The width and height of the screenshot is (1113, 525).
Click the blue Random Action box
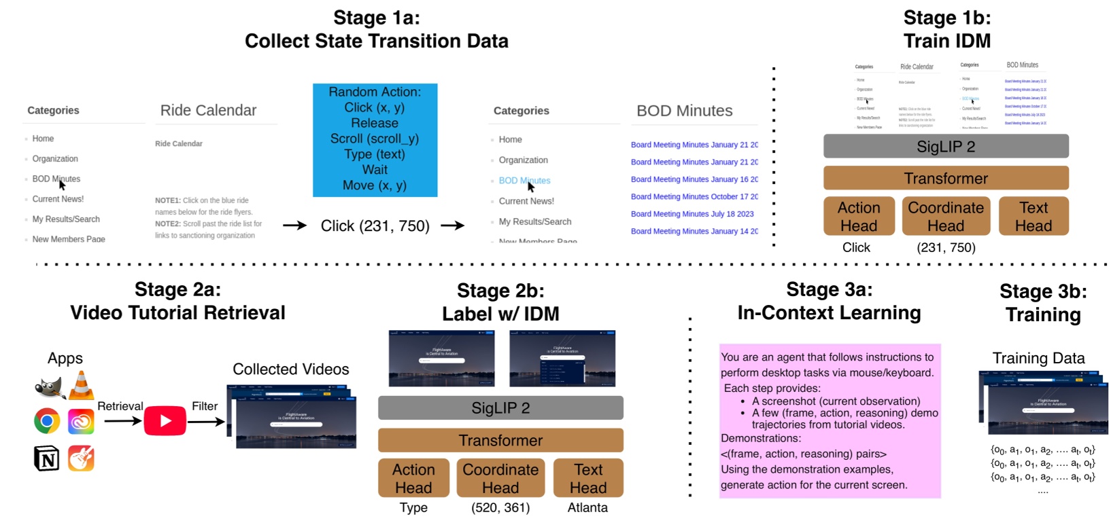pos(375,140)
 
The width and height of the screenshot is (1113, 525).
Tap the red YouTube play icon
pos(165,421)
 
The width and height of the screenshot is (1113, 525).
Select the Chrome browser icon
pos(47,421)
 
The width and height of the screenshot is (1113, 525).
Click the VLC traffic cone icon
pos(81,386)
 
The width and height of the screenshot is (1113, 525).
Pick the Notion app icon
pos(46,458)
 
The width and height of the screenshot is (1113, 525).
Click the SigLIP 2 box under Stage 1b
pos(946,146)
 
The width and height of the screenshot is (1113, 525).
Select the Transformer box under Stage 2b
pos(500,440)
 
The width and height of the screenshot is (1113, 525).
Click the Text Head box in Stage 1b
pos(1033,217)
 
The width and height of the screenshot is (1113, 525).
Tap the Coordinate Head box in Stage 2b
pos(500,478)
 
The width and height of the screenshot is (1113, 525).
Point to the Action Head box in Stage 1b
pos(859,217)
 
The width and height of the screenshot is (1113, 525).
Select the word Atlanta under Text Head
pos(587,507)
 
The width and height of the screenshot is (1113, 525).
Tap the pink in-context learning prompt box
pos(829,421)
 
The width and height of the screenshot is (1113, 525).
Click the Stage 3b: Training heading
pos(1043,303)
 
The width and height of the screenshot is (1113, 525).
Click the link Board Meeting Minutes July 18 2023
pos(692,214)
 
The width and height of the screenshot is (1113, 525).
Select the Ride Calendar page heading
pos(208,111)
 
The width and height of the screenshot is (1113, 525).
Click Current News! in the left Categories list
pos(58,199)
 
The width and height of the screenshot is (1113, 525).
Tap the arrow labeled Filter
pos(206,422)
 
